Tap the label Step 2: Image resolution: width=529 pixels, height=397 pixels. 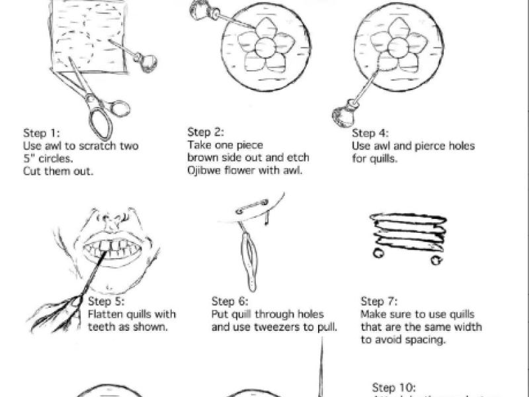(x=204, y=131)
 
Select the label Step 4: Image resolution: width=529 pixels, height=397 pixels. (x=369, y=133)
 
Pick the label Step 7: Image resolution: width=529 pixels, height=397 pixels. (x=378, y=301)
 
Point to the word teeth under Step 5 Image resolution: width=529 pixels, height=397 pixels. (x=101, y=327)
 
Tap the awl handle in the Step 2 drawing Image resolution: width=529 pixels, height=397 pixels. (x=199, y=11)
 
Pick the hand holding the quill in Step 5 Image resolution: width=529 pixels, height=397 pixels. (x=63, y=308)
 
